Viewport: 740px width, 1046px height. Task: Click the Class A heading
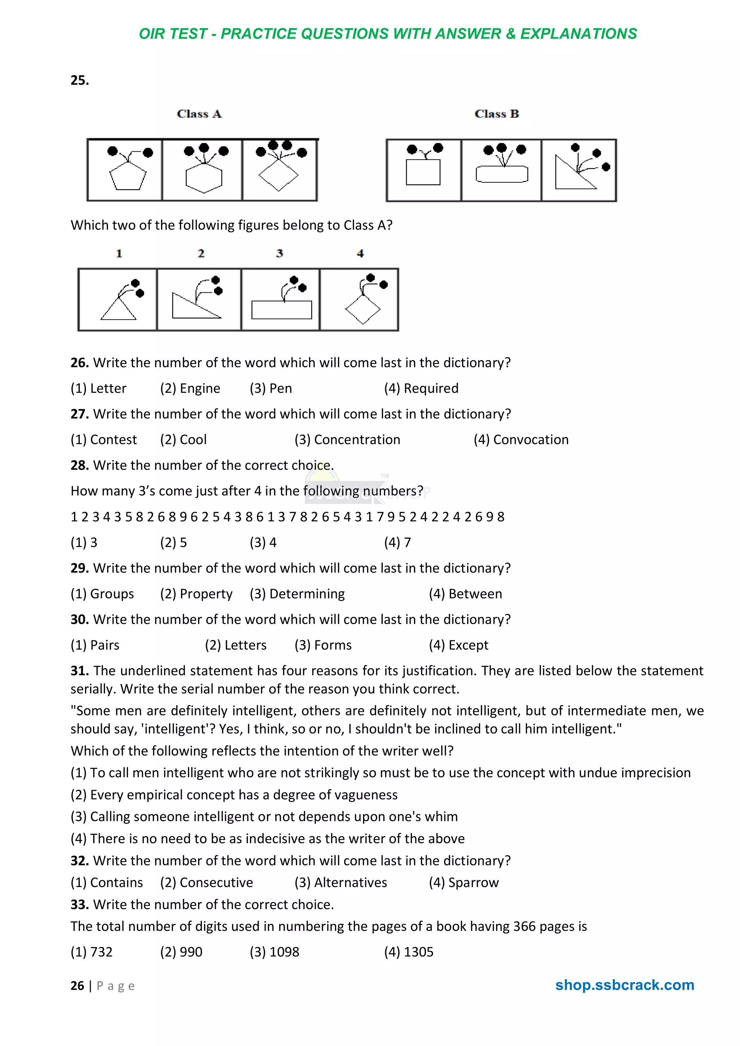click(x=199, y=114)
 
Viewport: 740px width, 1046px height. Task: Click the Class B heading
click(x=496, y=114)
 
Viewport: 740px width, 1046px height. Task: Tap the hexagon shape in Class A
click(x=204, y=178)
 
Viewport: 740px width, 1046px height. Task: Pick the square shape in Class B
click(x=423, y=172)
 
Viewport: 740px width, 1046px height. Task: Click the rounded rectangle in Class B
click(x=502, y=174)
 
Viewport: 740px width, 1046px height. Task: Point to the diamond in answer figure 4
click(x=362, y=310)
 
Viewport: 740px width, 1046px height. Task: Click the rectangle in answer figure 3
click(x=281, y=310)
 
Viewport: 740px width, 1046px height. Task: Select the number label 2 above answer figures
click(x=201, y=254)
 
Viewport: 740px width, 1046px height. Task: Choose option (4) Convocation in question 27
click(x=521, y=440)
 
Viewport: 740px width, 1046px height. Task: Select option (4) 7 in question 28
click(x=397, y=542)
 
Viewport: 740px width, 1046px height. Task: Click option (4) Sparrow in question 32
click(x=463, y=882)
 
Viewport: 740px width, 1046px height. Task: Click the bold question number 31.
click(x=79, y=671)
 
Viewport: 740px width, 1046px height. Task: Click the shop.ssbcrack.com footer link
click(x=624, y=985)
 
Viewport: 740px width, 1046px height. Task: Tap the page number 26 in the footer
click(x=77, y=986)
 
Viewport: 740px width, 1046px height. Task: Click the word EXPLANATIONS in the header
click(x=578, y=34)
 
